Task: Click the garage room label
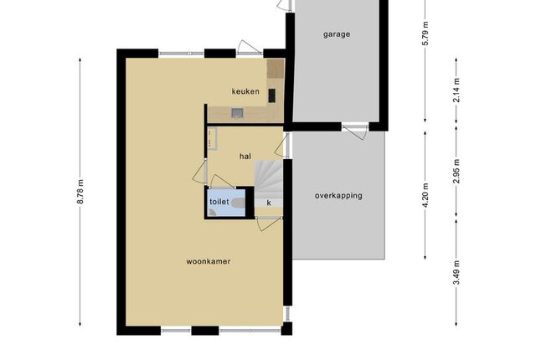click(x=337, y=34)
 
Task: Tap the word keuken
click(x=245, y=91)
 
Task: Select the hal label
click(x=245, y=157)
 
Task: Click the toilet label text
click(x=219, y=202)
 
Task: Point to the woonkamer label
click(x=209, y=262)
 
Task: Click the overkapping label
click(x=338, y=196)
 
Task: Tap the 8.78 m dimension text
click(x=80, y=192)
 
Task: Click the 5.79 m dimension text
click(x=425, y=33)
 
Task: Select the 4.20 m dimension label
click(x=425, y=195)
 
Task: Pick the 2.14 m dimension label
click(x=456, y=90)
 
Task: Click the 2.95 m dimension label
click(x=456, y=171)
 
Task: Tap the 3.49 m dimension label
click(x=456, y=272)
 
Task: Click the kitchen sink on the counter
click(x=237, y=113)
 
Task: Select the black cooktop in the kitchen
click(x=271, y=95)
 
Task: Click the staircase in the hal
click(x=269, y=180)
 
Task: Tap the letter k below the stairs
click(x=269, y=203)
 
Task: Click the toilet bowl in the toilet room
click(x=238, y=203)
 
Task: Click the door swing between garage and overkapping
click(x=355, y=131)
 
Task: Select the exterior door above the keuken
click(x=250, y=48)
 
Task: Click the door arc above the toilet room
click(x=222, y=181)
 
